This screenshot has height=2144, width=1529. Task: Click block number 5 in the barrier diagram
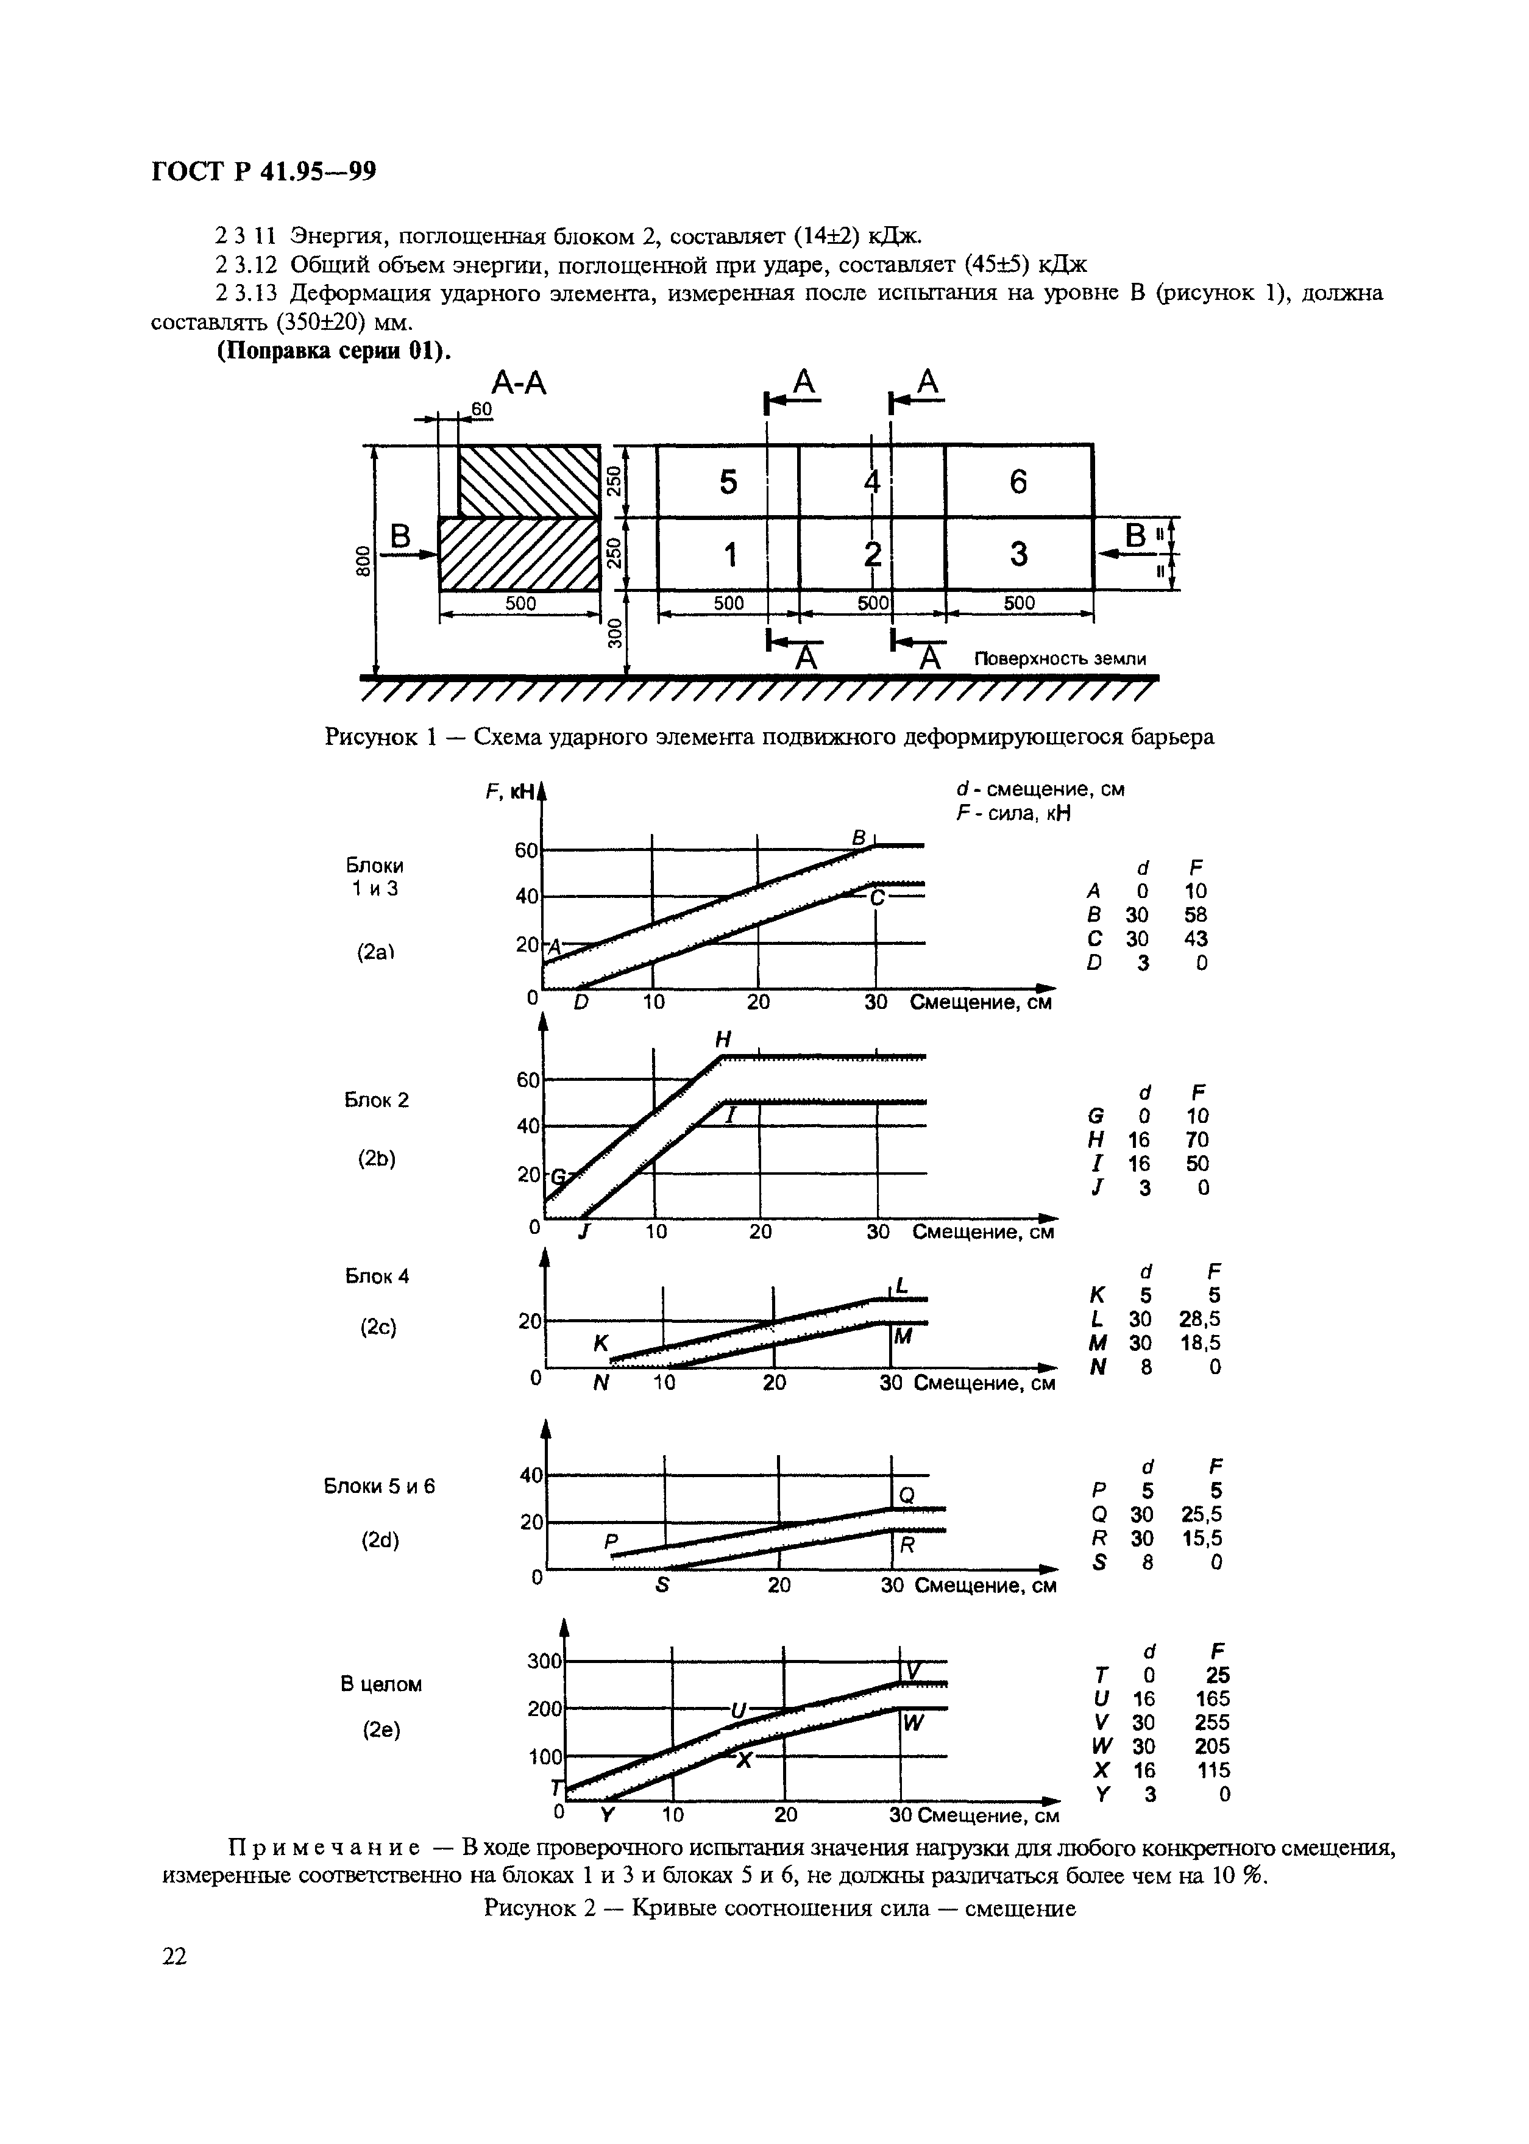728,482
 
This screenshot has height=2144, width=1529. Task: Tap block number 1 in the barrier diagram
728,555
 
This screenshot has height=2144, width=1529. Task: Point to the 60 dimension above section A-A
481,408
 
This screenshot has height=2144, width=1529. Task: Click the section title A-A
519,383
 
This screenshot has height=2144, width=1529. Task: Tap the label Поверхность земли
1060,658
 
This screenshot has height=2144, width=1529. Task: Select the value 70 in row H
1197,1139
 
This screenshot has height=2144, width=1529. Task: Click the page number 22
175,1957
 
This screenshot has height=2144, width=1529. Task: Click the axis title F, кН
510,792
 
